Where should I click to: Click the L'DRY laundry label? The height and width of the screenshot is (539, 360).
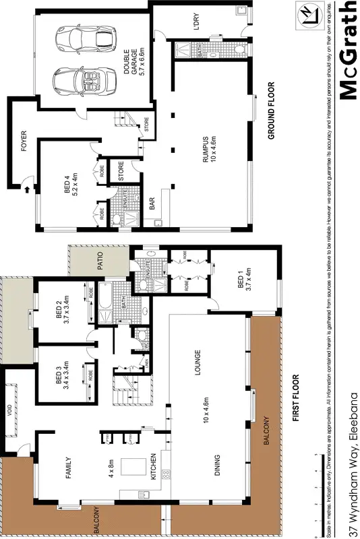click(x=197, y=23)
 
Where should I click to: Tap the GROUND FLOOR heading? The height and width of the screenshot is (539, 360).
click(x=271, y=110)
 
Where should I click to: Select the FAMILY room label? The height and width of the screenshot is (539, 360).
click(x=68, y=466)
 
